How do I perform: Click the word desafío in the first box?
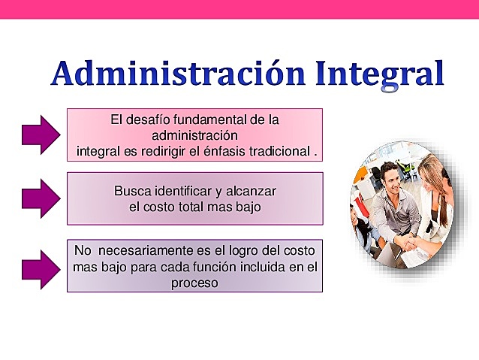pos(148,119)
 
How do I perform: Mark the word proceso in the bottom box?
pos(194,283)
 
